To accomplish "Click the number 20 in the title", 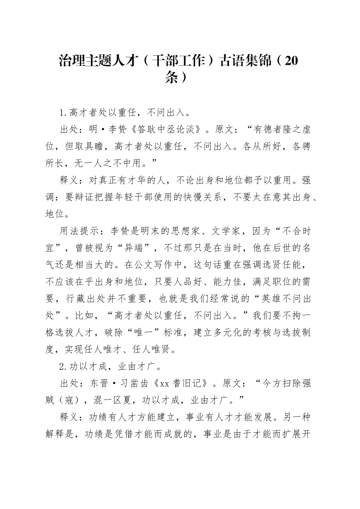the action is click(x=290, y=61).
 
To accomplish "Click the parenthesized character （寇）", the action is click(x=69, y=400).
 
